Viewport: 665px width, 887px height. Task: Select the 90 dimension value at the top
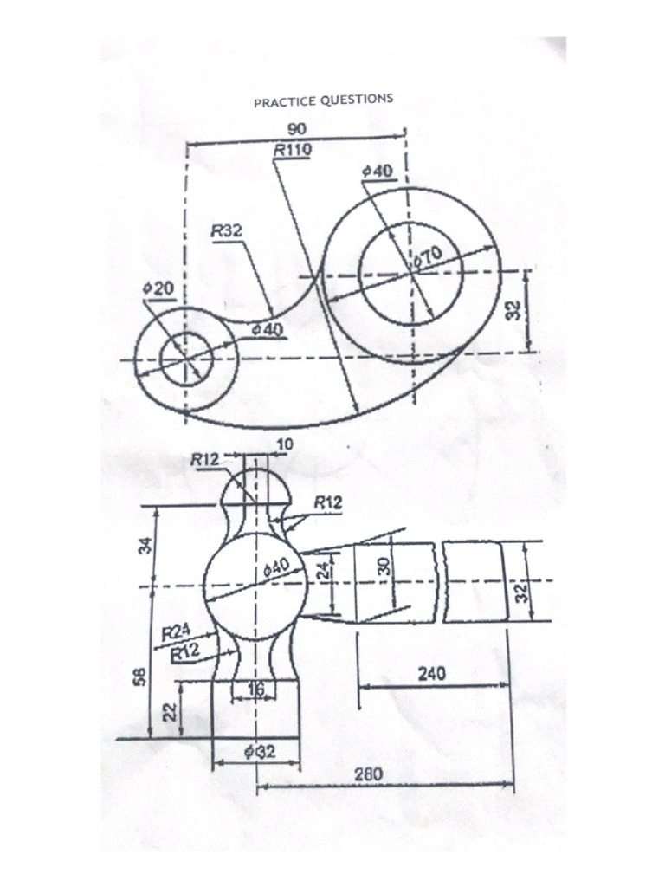297,130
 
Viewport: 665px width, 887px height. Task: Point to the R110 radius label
292,150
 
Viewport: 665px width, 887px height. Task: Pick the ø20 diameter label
158,288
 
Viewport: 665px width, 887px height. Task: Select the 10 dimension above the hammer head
284,443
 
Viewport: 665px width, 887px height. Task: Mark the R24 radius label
176,634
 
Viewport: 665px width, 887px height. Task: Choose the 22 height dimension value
171,711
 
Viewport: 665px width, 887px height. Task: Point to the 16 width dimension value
255,689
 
